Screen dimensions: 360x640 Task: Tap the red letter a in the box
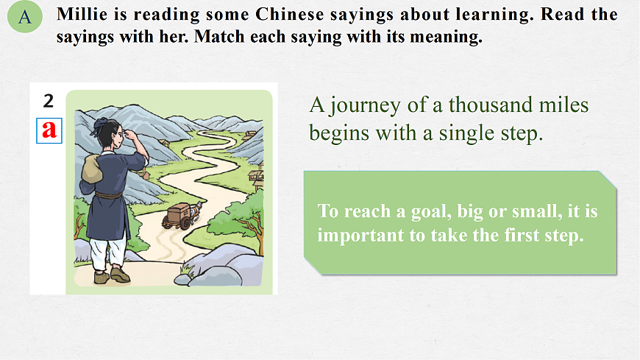49,130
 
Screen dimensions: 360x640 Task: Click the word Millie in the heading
82,14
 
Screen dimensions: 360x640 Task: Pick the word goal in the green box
413,211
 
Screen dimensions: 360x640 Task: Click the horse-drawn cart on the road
179,215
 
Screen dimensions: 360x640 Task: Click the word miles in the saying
566,105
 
